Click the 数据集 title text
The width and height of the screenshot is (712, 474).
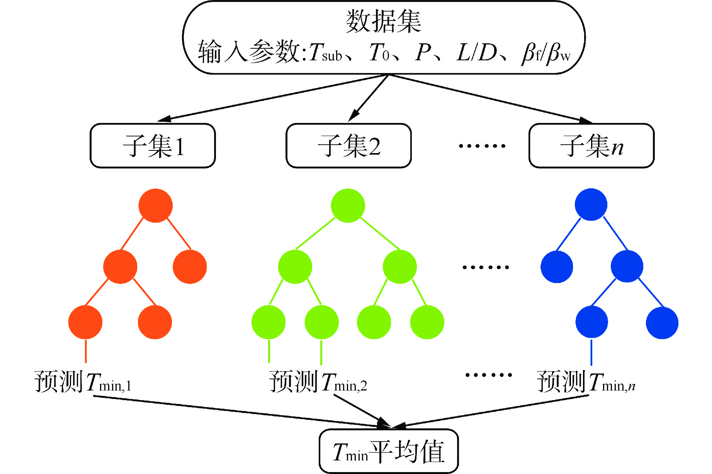(x=383, y=21)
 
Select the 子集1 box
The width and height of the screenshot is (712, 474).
(x=153, y=146)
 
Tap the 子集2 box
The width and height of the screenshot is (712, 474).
(x=348, y=146)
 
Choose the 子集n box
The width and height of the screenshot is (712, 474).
(x=591, y=146)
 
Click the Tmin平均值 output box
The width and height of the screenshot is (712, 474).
(x=388, y=451)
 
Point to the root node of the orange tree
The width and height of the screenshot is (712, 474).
(x=155, y=205)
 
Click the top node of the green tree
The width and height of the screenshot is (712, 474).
(x=348, y=205)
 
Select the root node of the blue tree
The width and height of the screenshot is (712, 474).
(x=591, y=205)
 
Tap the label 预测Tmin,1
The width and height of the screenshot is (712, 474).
(x=83, y=382)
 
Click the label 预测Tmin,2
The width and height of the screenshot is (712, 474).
(x=318, y=382)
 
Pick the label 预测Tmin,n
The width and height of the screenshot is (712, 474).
(x=586, y=382)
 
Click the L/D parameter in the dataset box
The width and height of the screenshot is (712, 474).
(x=476, y=53)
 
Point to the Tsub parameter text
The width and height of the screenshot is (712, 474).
(x=325, y=53)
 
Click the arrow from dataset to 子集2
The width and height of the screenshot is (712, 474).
(x=369, y=97)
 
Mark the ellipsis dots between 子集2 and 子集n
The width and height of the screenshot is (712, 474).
(x=482, y=146)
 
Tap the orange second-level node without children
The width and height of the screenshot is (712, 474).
(x=190, y=267)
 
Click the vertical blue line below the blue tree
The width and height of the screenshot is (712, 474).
(x=591, y=352)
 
